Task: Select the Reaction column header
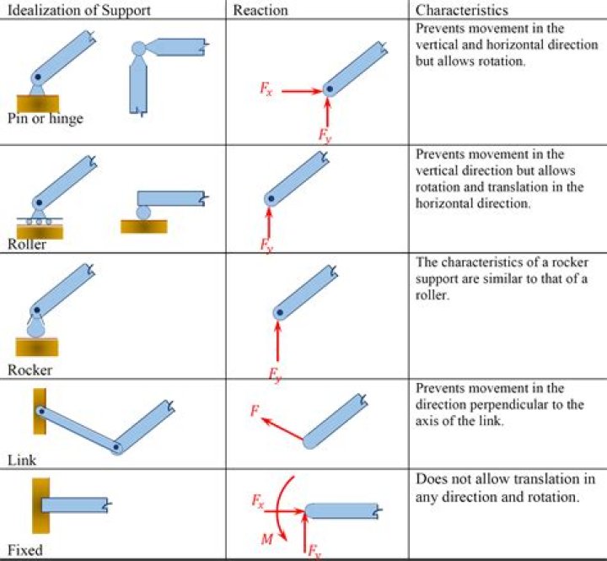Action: (261, 10)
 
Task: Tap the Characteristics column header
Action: (460, 10)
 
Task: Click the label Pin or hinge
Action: (45, 119)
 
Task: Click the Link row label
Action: (21, 461)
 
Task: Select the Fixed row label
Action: (24, 550)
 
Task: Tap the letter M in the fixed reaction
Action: (266, 537)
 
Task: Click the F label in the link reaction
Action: (255, 411)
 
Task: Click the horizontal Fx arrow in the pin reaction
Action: (299, 90)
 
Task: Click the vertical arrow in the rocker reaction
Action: (277, 342)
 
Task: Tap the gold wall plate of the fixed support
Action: (40, 506)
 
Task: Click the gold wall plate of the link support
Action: (39, 412)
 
